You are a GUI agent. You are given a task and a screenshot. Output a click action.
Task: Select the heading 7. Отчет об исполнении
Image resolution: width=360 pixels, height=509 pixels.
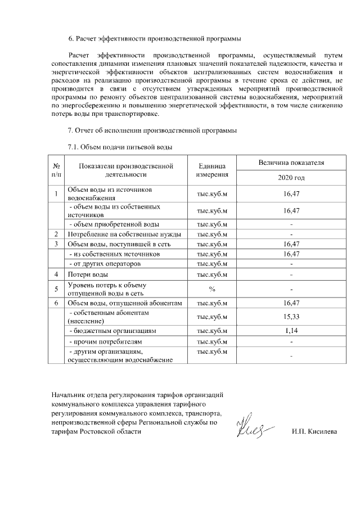pos(152,131)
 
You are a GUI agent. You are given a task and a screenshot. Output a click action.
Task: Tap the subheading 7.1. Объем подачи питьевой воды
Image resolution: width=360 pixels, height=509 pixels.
pos(119,147)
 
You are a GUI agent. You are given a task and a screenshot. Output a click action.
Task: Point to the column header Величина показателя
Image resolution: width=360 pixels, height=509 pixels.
pos(291,163)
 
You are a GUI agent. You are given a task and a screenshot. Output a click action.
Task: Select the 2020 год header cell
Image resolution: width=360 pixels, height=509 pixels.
pos(291,178)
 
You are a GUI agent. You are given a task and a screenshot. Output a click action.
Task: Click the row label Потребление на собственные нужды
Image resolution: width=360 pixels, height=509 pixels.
pos(123,234)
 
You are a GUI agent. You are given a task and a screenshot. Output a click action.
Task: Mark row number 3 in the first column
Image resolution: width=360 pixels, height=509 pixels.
pos(56,244)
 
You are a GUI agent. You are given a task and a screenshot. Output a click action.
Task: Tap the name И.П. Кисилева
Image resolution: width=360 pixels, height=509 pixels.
pos(318,432)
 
